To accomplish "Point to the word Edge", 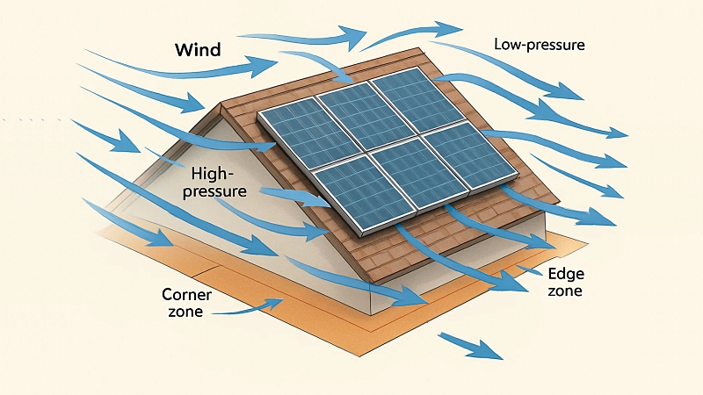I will pyautogui.click(x=563, y=273).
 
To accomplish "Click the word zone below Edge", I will pyautogui.click(x=563, y=290).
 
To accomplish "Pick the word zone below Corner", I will pyautogui.click(x=184, y=311).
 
